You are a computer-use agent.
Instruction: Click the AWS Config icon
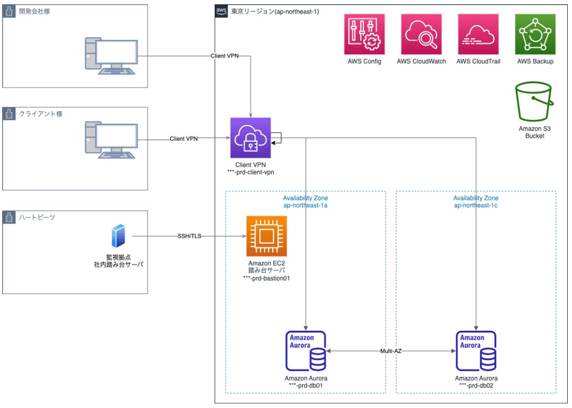pyautogui.click(x=364, y=34)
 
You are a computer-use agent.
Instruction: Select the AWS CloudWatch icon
pyautogui.click(x=421, y=34)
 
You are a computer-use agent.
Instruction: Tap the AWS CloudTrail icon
pyautogui.click(x=478, y=34)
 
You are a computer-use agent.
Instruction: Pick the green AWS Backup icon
pyautogui.click(x=535, y=34)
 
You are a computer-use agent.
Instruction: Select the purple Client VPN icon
pyautogui.click(x=251, y=137)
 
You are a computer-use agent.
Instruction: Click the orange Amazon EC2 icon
pyautogui.click(x=267, y=236)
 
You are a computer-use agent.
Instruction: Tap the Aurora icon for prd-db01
pyautogui.click(x=305, y=351)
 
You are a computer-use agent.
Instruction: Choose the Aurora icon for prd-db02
pyautogui.click(x=476, y=351)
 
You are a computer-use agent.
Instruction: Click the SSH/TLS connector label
pyautogui.click(x=189, y=236)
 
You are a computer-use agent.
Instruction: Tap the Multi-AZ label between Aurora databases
pyautogui.click(x=391, y=351)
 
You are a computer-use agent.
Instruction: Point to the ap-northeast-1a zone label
pyautogui.click(x=305, y=206)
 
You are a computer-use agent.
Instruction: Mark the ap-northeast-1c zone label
pyautogui.click(x=476, y=206)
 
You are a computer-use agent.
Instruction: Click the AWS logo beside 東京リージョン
pyautogui.click(x=221, y=11)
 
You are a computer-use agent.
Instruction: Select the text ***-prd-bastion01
pyautogui.click(x=267, y=278)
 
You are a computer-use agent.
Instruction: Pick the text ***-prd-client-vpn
pyautogui.click(x=251, y=172)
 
